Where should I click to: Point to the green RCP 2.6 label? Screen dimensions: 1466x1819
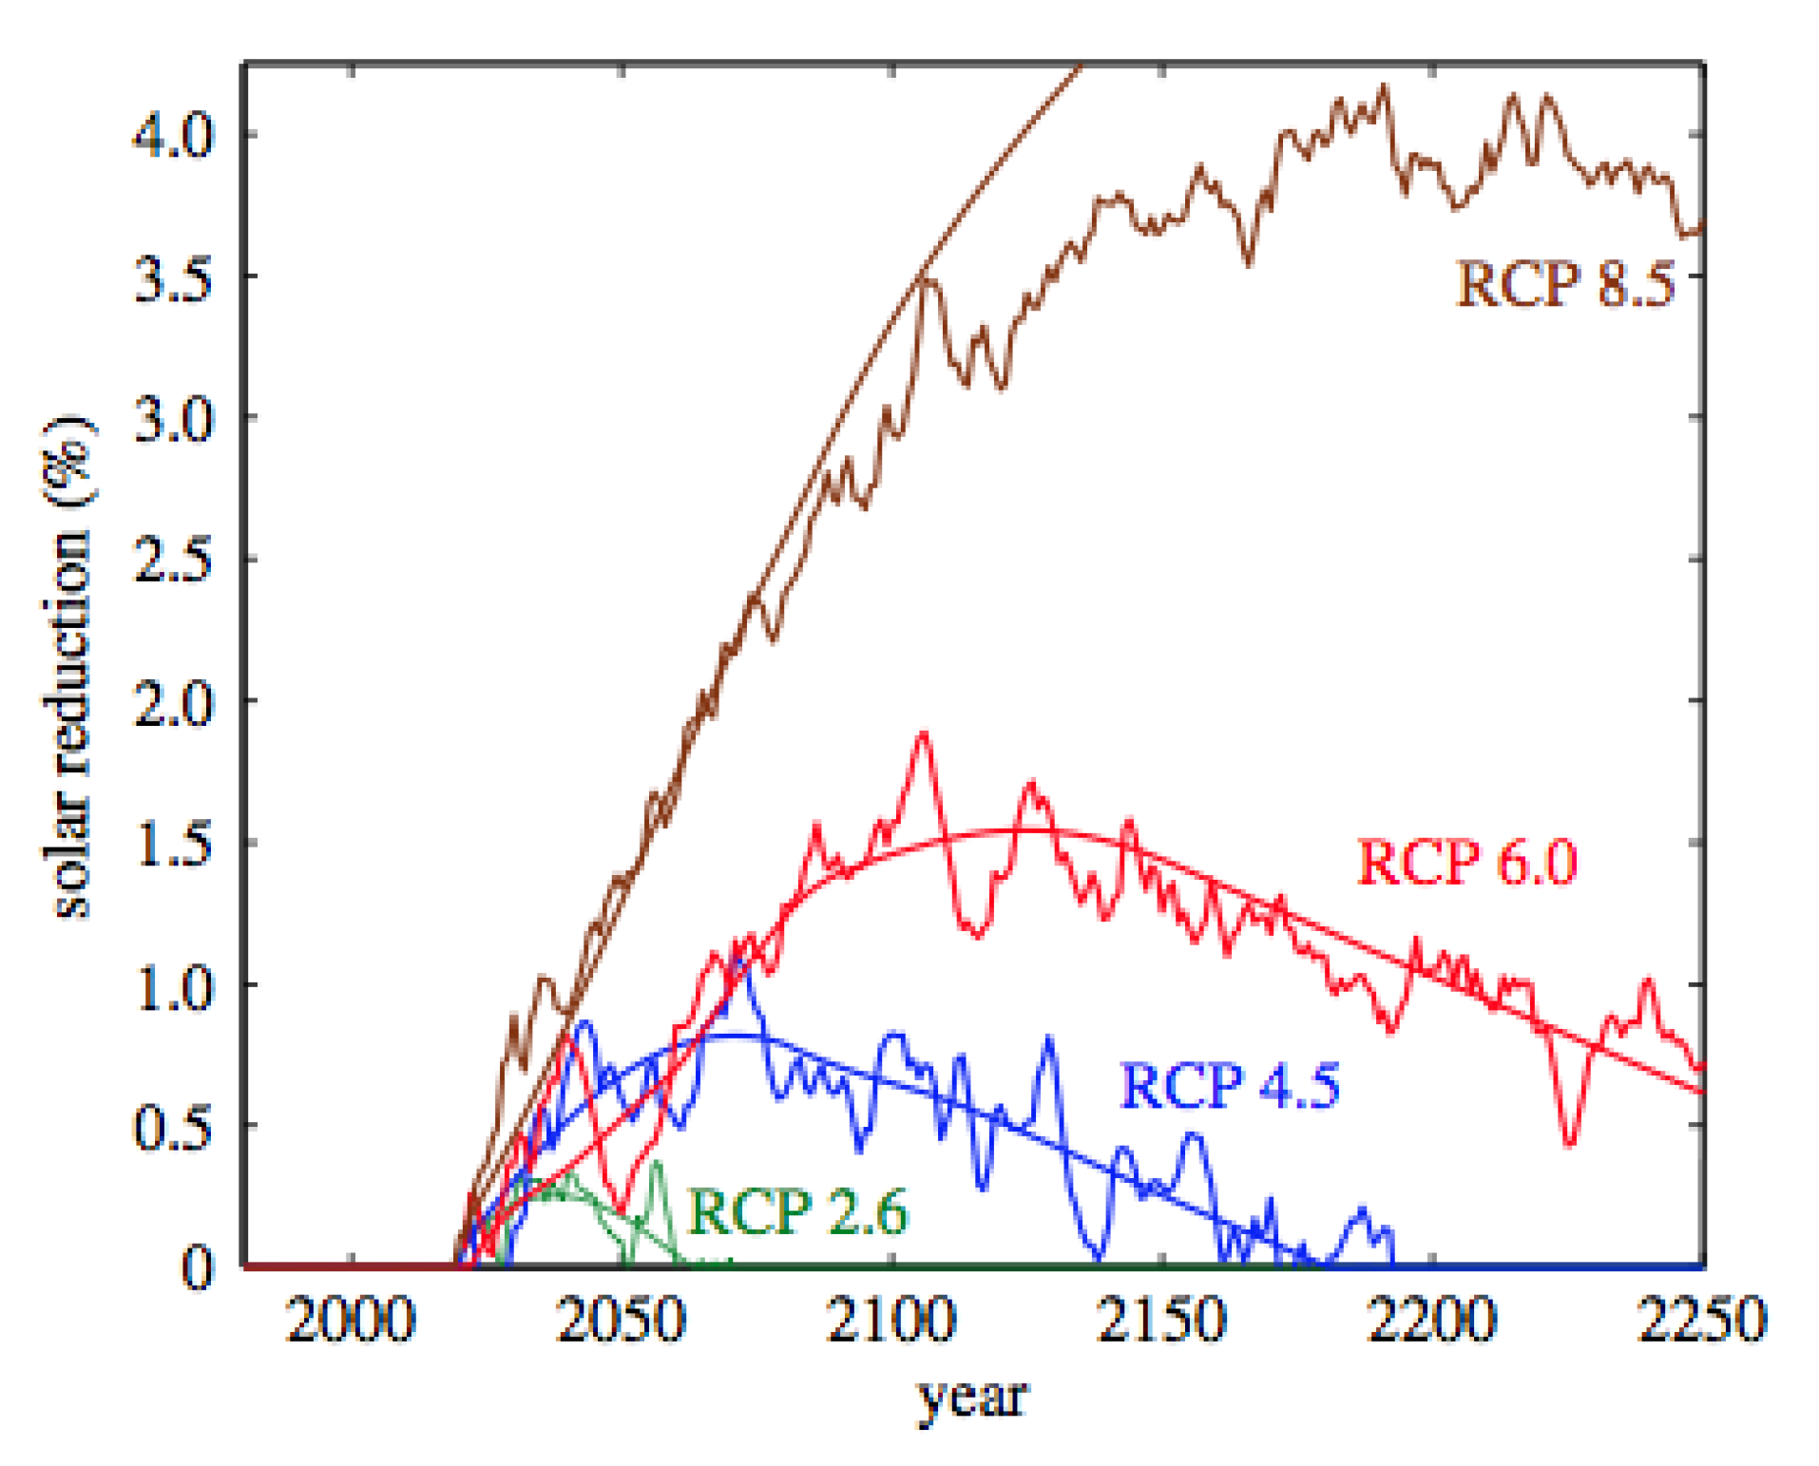click(796, 1211)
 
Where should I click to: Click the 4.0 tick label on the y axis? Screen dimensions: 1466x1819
click(172, 135)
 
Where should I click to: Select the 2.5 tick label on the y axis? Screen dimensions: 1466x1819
click(172, 560)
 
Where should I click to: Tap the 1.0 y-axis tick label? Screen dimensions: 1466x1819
click(172, 985)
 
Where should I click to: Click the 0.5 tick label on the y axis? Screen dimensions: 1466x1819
click(172, 1127)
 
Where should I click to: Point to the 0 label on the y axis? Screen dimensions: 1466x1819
click(197, 1267)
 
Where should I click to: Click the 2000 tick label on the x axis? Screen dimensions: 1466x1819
click(351, 1321)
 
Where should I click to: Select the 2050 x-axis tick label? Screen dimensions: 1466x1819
click(621, 1321)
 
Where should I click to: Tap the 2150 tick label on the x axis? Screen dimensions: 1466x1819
click(1161, 1321)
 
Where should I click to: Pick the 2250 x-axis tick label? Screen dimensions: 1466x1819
click(1701, 1321)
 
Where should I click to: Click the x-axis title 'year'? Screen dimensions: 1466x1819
click(971, 1397)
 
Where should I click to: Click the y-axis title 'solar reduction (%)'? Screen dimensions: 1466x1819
click(68, 665)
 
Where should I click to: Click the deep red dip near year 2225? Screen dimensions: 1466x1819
click(1569, 1144)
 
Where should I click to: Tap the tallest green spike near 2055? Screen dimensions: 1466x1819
click(655, 1163)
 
